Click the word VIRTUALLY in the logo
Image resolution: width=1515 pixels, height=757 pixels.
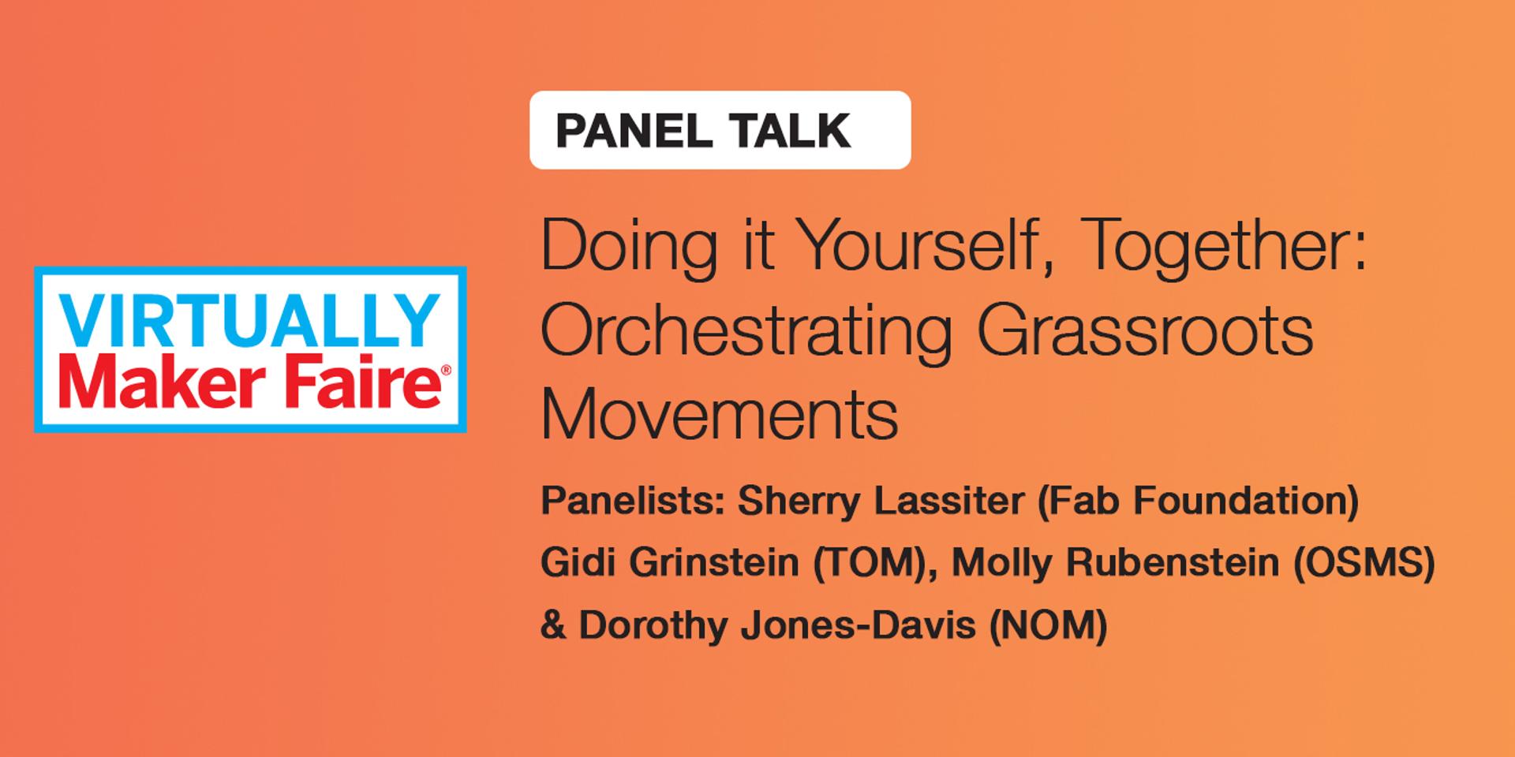point(250,319)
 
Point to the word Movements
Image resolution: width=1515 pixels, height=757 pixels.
point(720,415)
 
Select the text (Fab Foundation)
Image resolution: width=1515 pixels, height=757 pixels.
point(1198,502)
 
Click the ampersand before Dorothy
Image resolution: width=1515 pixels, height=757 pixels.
point(554,626)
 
